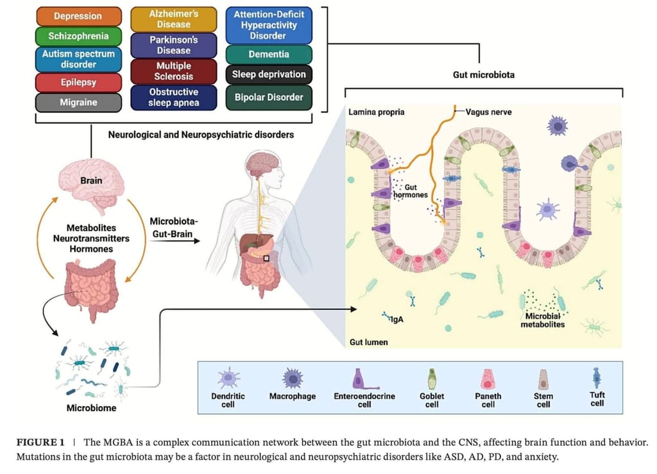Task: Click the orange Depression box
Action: (78, 15)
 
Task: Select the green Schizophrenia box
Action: (78, 36)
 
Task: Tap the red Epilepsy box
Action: (78, 82)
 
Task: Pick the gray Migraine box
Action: (78, 102)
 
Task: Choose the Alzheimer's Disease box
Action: (173, 19)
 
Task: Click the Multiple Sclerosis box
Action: (173, 71)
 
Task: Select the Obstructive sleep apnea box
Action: (173, 97)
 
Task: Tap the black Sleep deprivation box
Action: (269, 75)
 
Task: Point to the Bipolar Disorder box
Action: (269, 97)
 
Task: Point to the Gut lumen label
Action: (368, 342)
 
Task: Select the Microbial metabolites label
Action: (542, 320)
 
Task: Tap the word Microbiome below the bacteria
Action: (92, 408)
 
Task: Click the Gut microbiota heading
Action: (483, 75)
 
